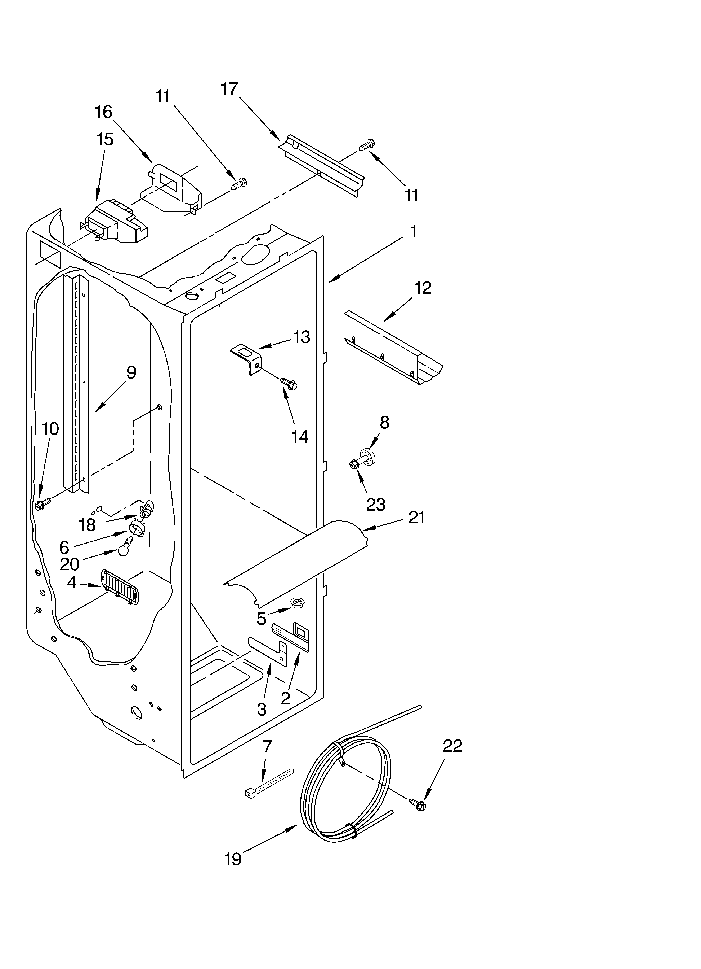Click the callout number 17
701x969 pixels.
(229, 89)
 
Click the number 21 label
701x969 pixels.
(416, 517)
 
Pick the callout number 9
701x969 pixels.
(131, 372)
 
